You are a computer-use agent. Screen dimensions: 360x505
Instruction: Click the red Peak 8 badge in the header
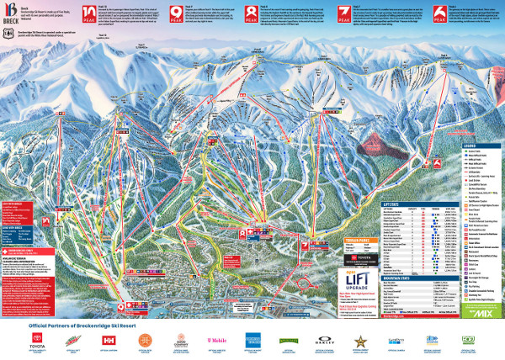tap(252, 14)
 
